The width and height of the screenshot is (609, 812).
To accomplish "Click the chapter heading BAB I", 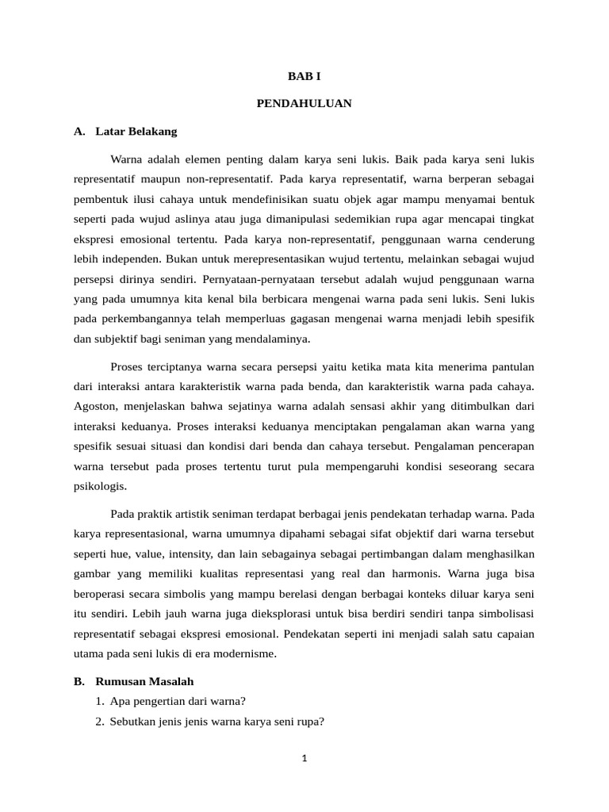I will (304, 76).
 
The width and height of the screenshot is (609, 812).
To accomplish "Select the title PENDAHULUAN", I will (304, 104).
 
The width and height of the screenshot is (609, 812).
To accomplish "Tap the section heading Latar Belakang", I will (136, 131).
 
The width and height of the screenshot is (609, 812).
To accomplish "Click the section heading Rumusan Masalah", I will (144, 681).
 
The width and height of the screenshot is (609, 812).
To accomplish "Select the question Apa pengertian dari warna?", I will (178, 701).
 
